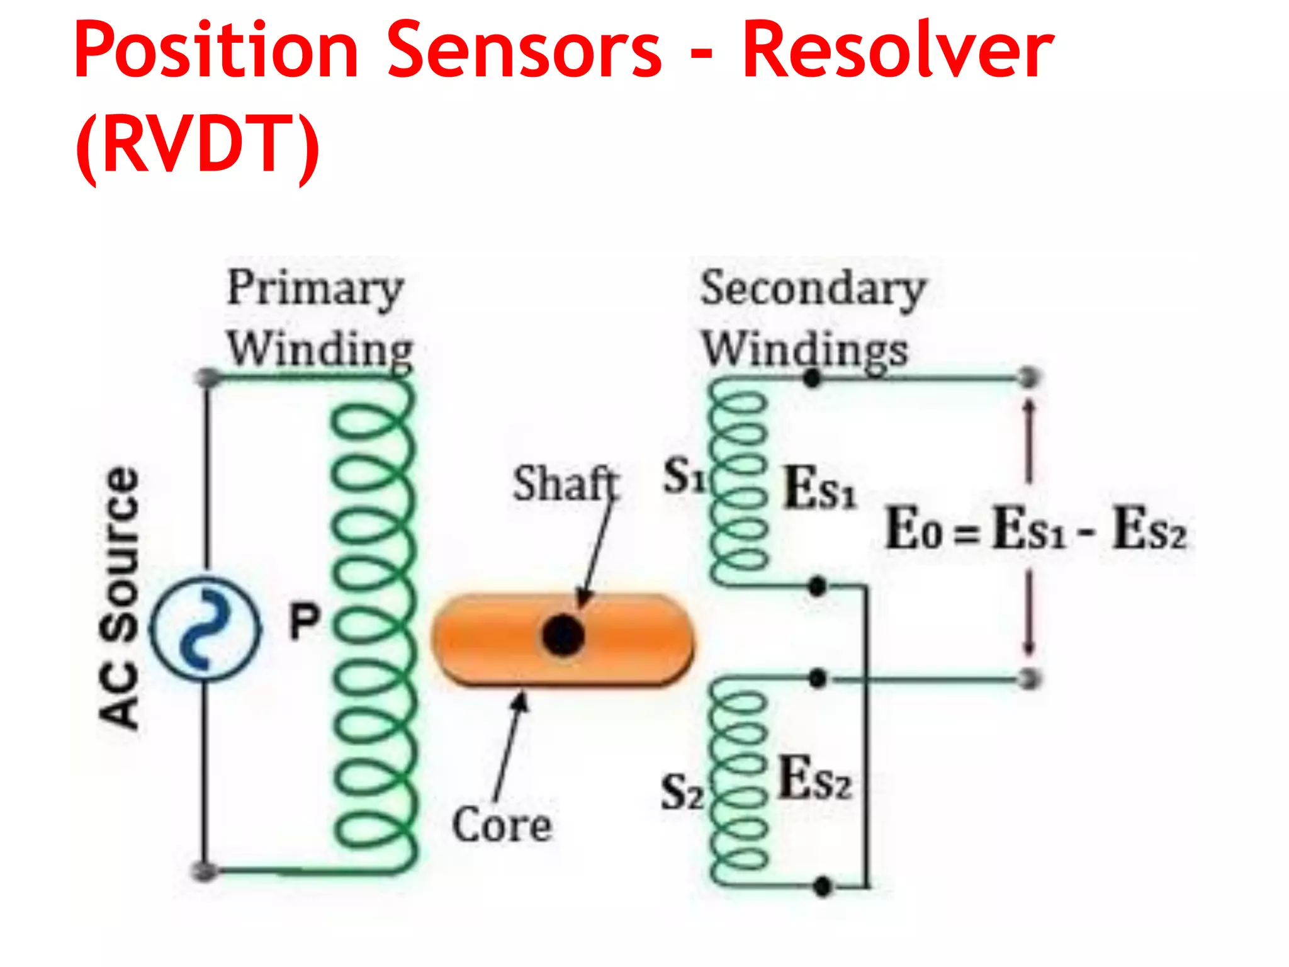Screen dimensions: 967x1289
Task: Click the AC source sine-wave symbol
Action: tap(205, 628)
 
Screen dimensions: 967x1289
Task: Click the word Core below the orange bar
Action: tap(502, 825)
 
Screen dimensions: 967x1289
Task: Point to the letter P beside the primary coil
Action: tap(305, 621)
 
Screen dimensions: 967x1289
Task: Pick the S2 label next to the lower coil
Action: tap(682, 792)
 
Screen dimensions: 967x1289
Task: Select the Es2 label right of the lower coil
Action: tap(815, 779)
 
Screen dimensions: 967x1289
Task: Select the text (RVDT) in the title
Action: tap(197, 145)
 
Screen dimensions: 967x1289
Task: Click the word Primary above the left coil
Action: tap(315, 288)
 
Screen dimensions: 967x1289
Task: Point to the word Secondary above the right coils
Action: tap(813, 288)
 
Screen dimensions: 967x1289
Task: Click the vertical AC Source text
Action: tap(120, 598)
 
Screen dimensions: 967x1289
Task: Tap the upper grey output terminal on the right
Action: tap(1029, 378)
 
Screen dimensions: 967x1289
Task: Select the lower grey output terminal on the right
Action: tap(1029, 679)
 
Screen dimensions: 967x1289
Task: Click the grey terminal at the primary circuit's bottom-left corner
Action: tap(205, 871)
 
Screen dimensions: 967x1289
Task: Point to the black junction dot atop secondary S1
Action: tap(813, 378)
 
